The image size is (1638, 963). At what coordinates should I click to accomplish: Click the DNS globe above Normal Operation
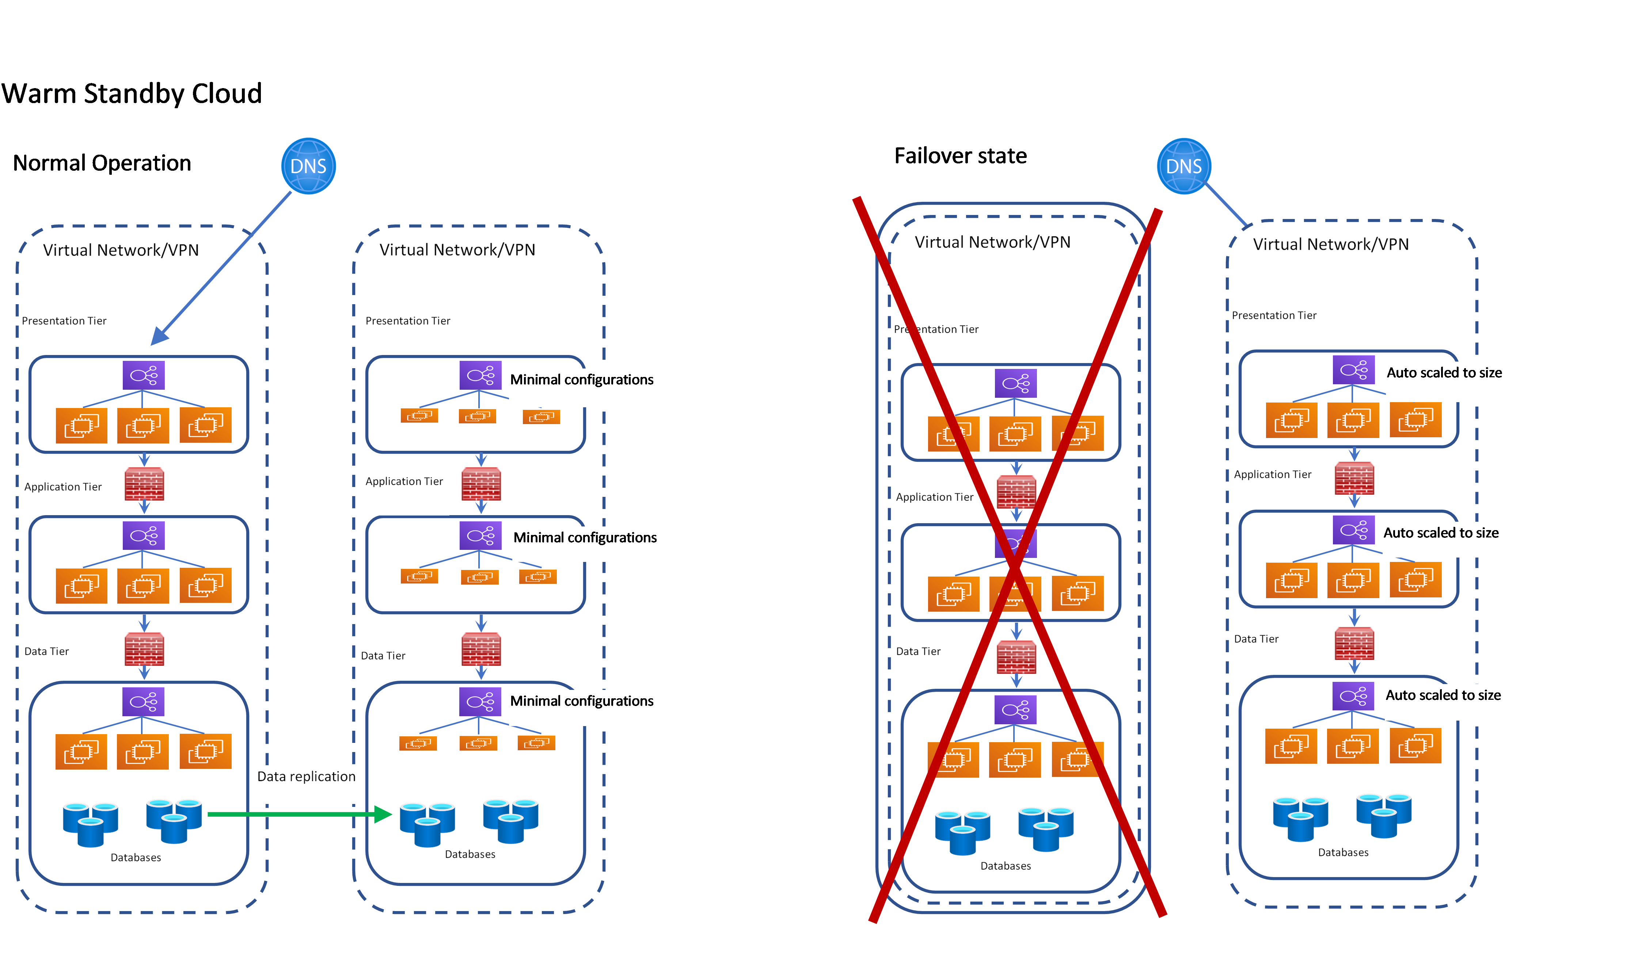point(308,166)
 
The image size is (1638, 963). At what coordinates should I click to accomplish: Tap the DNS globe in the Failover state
point(1184,166)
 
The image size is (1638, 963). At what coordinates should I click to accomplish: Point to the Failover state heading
point(960,156)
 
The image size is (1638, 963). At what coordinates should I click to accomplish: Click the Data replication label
point(306,777)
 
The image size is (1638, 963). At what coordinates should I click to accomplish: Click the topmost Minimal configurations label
point(582,380)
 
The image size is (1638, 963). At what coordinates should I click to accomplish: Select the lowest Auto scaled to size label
point(1443,695)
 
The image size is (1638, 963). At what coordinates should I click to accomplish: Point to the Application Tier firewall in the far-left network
point(144,484)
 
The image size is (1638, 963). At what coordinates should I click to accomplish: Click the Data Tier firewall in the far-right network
point(1354,644)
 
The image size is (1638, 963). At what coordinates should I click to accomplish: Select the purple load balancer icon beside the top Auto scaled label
point(1353,370)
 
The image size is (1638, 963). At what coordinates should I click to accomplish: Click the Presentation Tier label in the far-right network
point(1274,316)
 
